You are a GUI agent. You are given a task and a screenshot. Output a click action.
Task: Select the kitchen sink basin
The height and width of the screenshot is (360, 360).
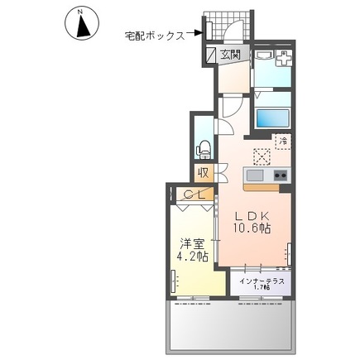click(254, 175)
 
